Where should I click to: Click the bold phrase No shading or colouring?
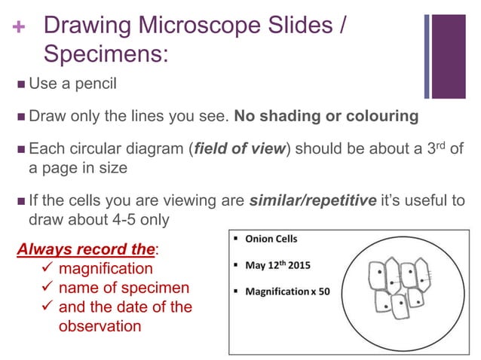[x=326, y=117]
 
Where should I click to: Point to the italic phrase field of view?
[x=240, y=149]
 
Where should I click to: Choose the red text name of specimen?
[x=124, y=288]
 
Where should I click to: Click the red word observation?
[x=100, y=326]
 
